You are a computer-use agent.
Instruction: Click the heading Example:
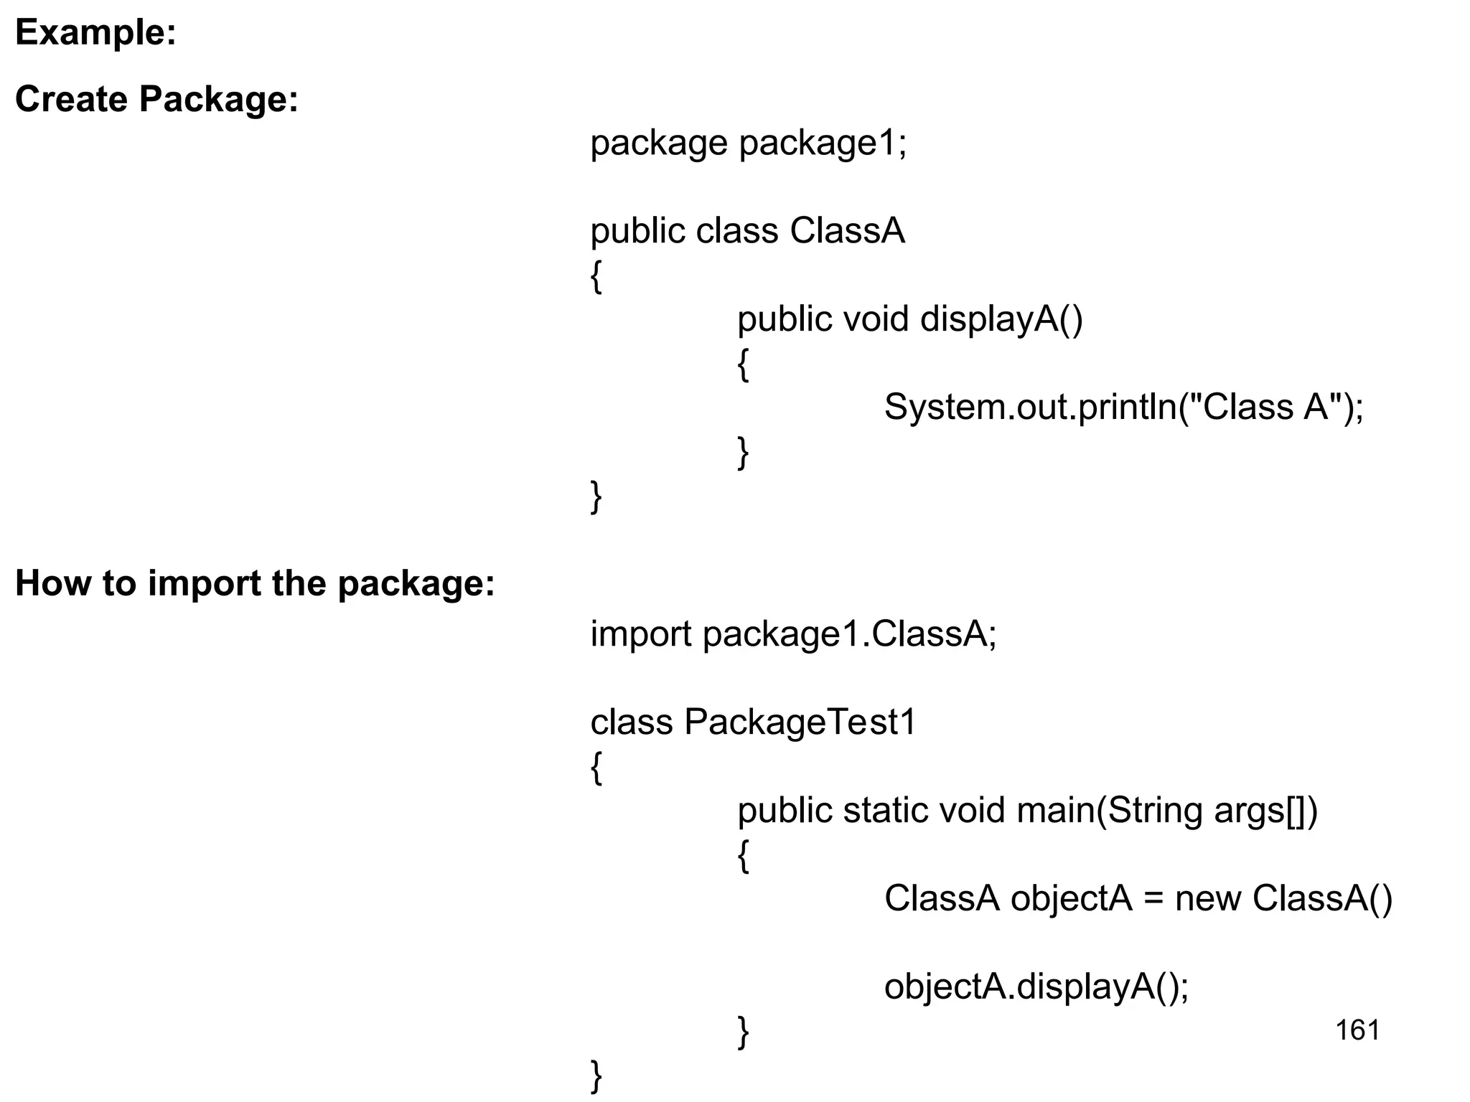tap(95, 33)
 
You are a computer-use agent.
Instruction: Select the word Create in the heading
tap(71, 99)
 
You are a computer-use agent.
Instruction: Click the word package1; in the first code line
tap(823, 143)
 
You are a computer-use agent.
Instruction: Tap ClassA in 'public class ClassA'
tap(847, 231)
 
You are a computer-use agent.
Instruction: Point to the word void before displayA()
tap(876, 319)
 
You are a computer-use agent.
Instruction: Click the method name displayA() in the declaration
tap(1001, 319)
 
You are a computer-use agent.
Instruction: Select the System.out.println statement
tap(1123, 408)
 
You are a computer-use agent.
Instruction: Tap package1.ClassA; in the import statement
tap(850, 634)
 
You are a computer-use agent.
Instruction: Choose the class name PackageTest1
tap(800, 722)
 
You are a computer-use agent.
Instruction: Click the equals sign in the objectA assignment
tap(1153, 899)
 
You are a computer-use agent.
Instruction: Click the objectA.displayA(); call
tap(1036, 987)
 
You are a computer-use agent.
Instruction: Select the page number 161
tap(1357, 1031)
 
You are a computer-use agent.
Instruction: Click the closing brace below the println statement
tap(744, 453)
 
